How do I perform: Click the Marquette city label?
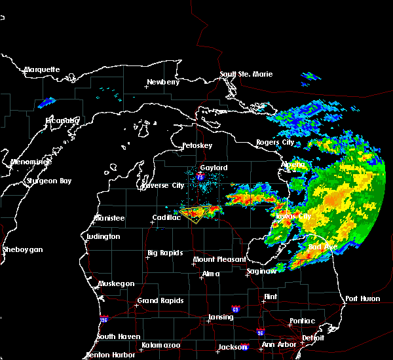(x=42, y=69)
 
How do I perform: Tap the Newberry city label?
(x=162, y=82)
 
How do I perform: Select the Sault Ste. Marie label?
(x=245, y=74)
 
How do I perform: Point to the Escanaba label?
(x=62, y=120)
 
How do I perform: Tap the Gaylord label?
(x=214, y=168)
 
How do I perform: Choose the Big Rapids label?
(x=163, y=253)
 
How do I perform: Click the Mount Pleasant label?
(x=215, y=260)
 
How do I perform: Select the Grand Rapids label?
(x=160, y=301)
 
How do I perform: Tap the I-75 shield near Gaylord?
(x=200, y=177)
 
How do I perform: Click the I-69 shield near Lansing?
(x=234, y=308)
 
